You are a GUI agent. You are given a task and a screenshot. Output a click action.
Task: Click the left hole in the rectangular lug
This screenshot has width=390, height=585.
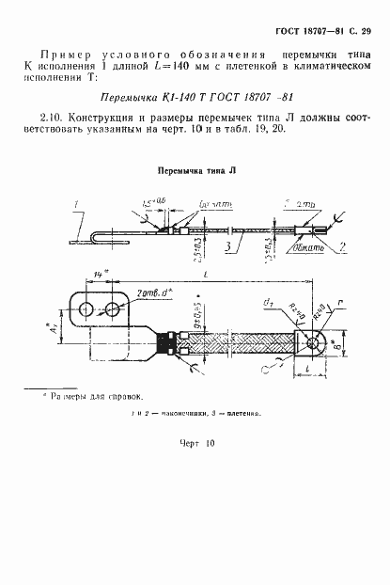point(86,309)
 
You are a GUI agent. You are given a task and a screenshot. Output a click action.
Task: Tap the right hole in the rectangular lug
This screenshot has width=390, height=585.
point(112,309)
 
